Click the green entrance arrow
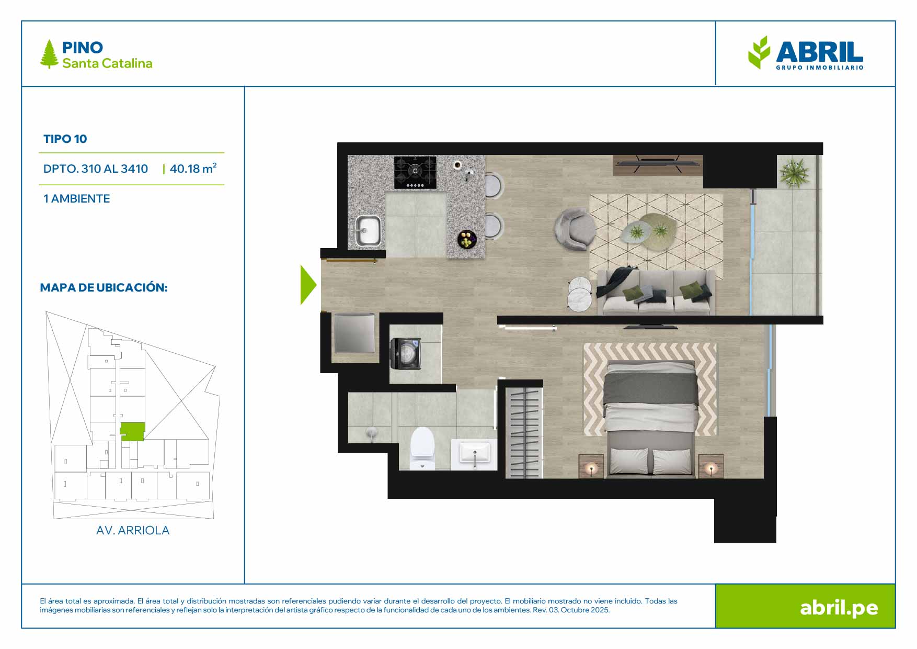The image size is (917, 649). (x=307, y=285)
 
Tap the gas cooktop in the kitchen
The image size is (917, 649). (x=415, y=172)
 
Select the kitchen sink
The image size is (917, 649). (x=368, y=230)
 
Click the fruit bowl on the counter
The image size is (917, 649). (x=467, y=240)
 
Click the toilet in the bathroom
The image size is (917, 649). (x=422, y=448)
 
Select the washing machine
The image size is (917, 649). (x=406, y=353)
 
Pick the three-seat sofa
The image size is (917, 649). (x=656, y=292)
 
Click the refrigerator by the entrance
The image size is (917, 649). (x=355, y=333)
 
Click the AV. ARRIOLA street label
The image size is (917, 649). (x=133, y=530)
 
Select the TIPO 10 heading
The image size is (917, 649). (x=65, y=139)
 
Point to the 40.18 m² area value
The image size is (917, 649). (x=193, y=168)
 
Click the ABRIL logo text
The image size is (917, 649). (x=819, y=52)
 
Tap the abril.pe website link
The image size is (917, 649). (x=839, y=608)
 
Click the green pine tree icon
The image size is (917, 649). (x=49, y=54)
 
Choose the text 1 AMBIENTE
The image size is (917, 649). (x=77, y=199)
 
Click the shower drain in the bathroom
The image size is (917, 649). (x=372, y=432)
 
